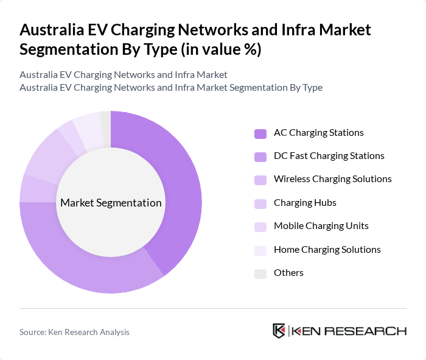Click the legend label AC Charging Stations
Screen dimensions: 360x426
click(318, 133)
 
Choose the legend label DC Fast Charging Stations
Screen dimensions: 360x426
click(329, 156)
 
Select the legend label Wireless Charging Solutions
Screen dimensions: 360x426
click(332, 179)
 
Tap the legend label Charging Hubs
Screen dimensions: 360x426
click(305, 203)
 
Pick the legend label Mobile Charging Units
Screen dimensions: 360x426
click(321, 226)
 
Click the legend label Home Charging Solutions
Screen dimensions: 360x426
click(327, 250)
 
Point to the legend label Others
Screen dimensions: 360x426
click(288, 273)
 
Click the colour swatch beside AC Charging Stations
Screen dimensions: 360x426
click(260, 133)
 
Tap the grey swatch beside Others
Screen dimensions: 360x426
click(260, 274)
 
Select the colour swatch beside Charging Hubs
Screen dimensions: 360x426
click(260, 203)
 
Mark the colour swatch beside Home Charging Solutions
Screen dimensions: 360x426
click(260, 250)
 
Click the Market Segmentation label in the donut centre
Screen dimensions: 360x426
click(111, 203)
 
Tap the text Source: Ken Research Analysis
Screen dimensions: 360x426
click(74, 332)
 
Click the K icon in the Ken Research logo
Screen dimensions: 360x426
click(279, 331)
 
